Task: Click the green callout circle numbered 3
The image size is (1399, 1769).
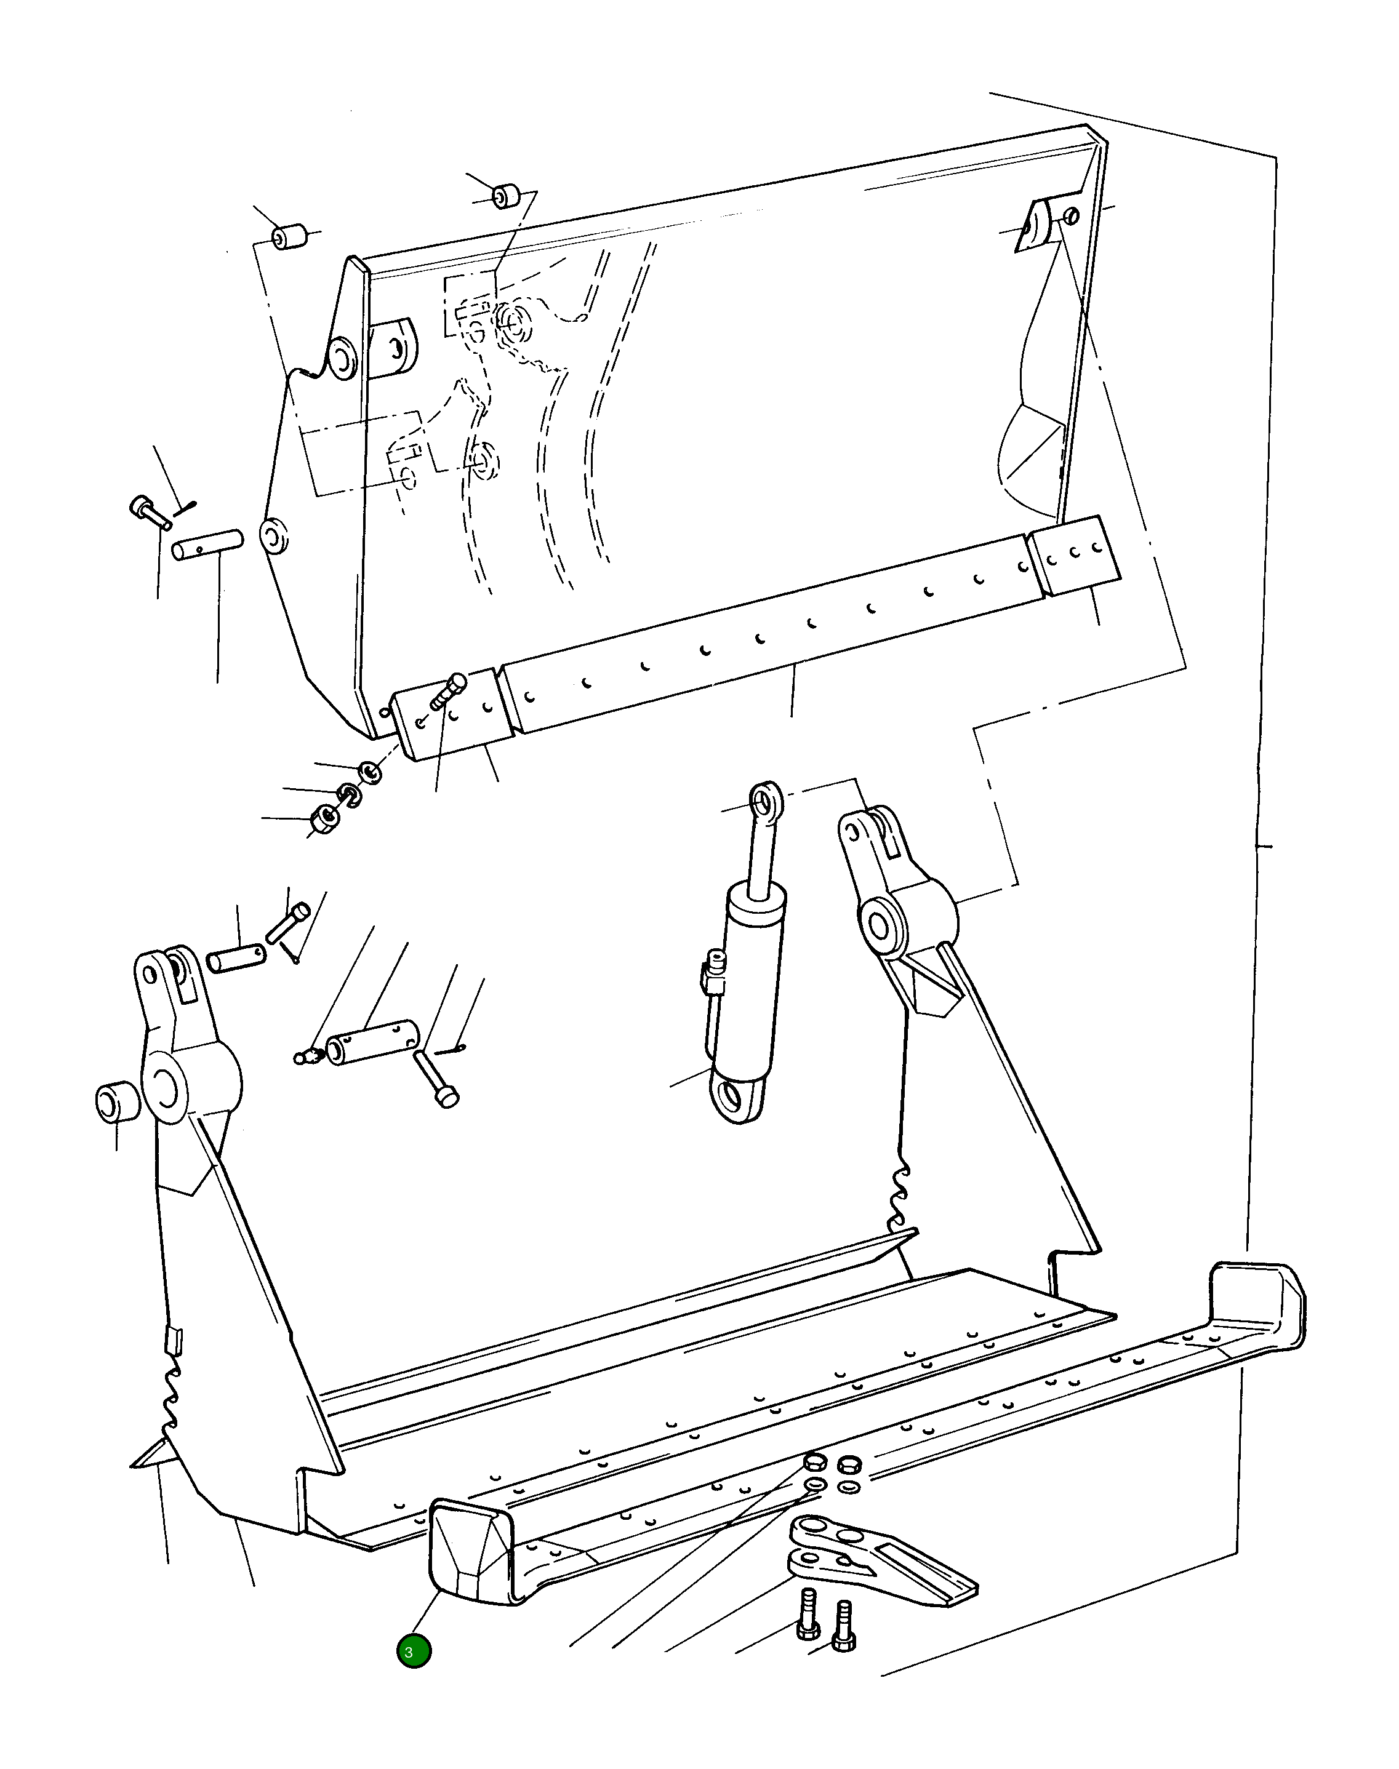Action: [x=414, y=1650]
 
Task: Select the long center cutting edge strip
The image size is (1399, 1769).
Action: [x=770, y=631]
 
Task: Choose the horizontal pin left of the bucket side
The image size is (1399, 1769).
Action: [x=207, y=545]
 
